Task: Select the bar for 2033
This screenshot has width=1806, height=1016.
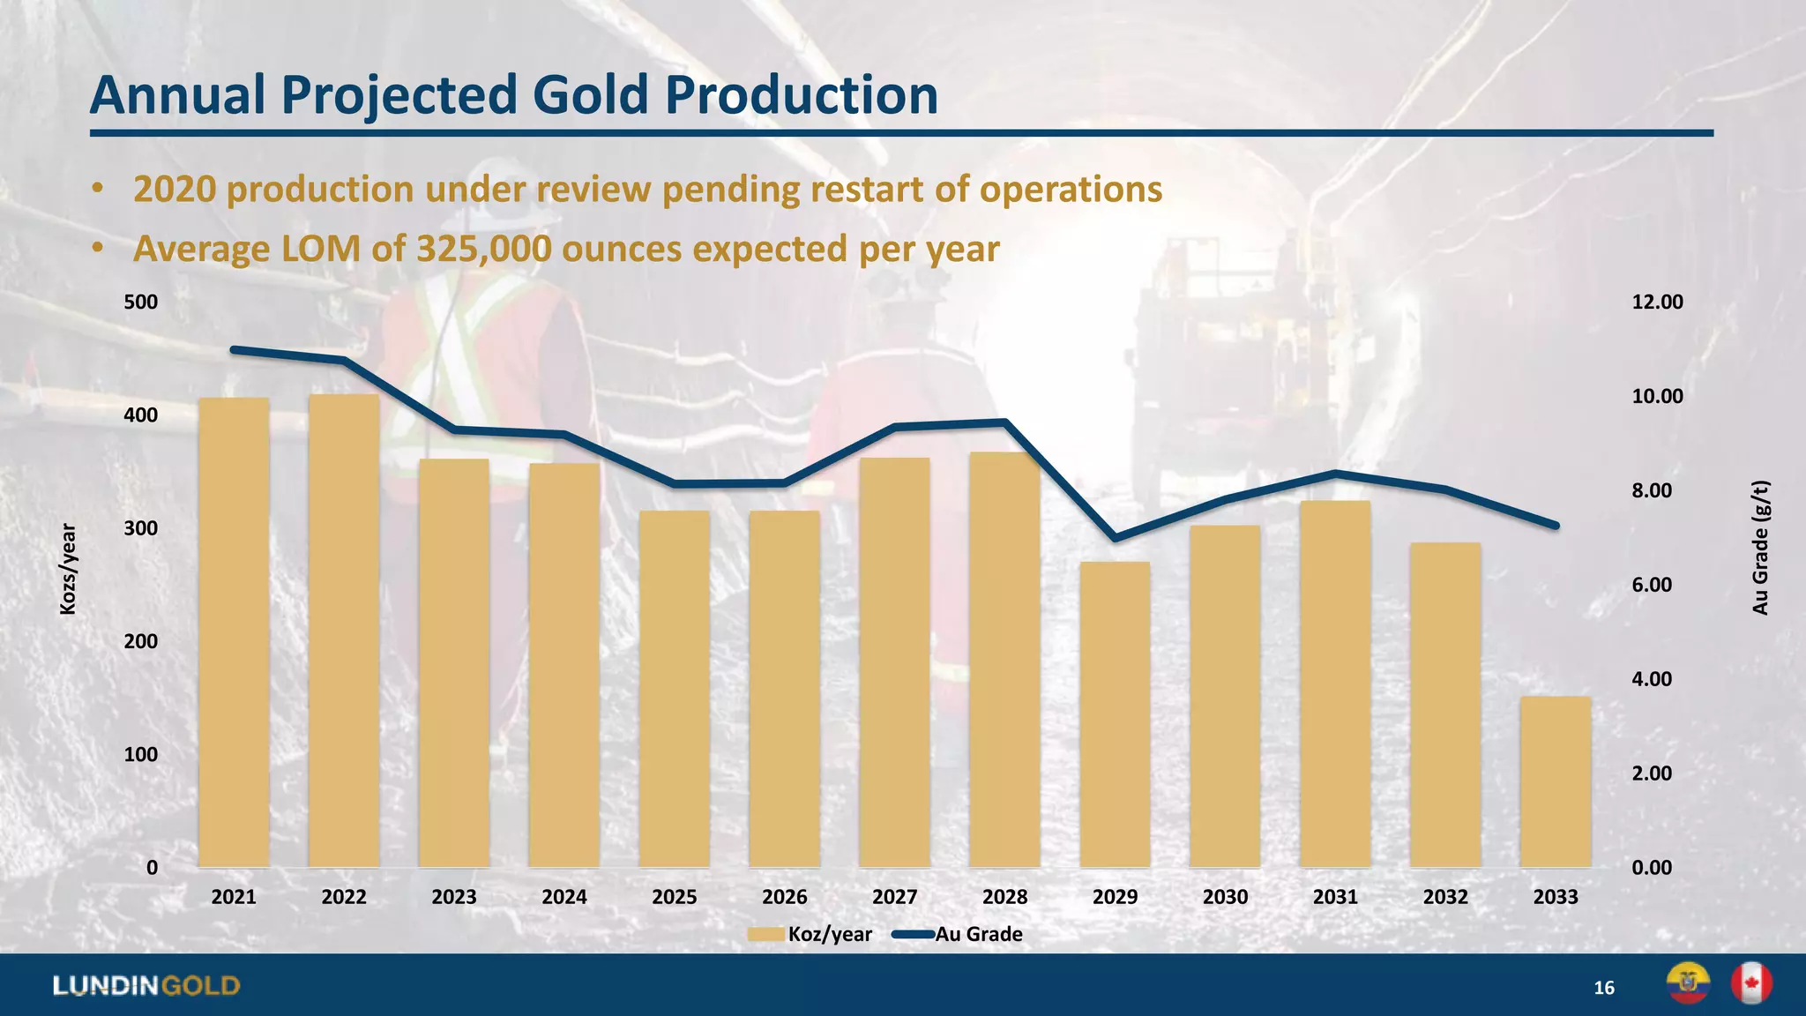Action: pos(1556,781)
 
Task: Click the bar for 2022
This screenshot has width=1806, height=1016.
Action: pos(344,631)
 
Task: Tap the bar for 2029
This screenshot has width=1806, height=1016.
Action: pos(1115,714)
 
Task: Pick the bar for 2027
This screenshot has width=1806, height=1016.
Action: pos(894,661)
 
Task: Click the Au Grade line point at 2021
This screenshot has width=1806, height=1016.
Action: pos(234,350)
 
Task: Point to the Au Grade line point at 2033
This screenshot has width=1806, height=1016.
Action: pos(1556,526)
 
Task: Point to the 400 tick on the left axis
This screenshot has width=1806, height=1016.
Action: pos(141,415)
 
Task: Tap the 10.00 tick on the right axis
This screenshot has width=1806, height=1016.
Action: pos(1657,396)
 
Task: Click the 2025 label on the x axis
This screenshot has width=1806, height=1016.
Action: pos(674,897)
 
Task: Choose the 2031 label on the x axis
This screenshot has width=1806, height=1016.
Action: pos(1335,897)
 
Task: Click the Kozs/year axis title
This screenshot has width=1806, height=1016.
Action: pos(68,569)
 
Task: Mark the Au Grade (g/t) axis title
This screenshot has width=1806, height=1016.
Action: pos(1759,547)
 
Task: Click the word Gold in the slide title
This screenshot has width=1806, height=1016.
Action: pos(589,94)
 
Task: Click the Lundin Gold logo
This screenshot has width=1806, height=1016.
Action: pos(146,985)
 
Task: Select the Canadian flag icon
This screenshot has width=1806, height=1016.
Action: pos(1751,983)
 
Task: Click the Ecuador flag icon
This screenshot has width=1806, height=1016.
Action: pos(1688,983)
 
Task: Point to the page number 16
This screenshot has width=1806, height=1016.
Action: pos(1604,988)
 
